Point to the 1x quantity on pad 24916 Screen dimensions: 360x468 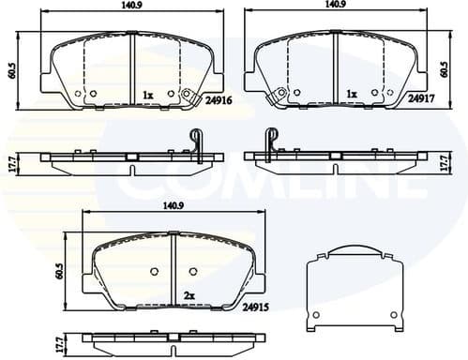tap(148, 95)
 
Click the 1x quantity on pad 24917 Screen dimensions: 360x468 tap(352, 95)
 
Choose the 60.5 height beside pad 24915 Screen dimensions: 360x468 tap(59, 272)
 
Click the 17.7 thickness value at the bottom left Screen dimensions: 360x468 tap(59, 344)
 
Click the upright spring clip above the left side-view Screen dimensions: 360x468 tap(196, 139)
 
